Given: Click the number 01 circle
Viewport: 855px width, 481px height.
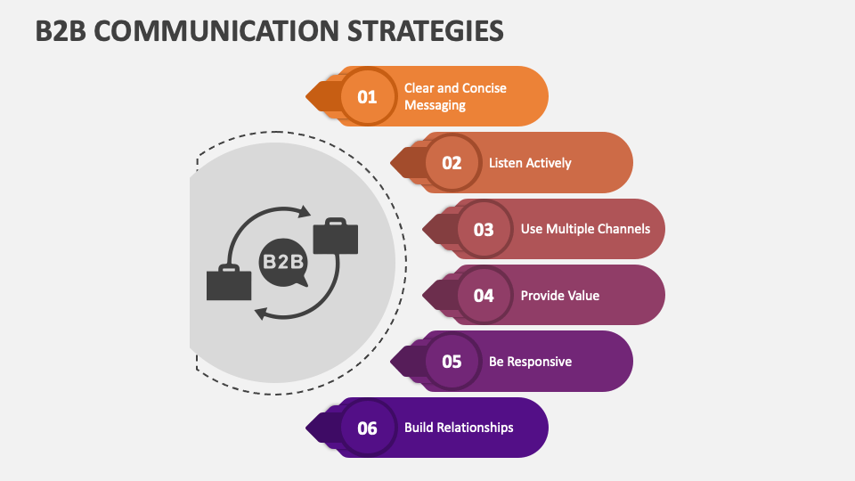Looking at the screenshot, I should pyautogui.click(x=368, y=96).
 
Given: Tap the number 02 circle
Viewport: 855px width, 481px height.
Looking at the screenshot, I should pyautogui.click(x=452, y=163).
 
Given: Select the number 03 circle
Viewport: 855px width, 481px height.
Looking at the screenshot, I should pyautogui.click(x=484, y=229).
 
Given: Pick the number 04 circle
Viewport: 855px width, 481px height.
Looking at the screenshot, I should pyautogui.click(x=484, y=295).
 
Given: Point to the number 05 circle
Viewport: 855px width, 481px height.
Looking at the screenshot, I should pyautogui.click(x=452, y=362).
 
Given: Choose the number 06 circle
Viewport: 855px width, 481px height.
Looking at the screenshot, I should pyautogui.click(x=368, y=428).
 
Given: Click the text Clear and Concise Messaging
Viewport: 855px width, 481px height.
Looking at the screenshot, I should pyautogui.click(x=454, y=96).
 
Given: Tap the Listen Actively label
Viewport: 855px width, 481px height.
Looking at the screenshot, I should pyautogui.click(x=530, y=163).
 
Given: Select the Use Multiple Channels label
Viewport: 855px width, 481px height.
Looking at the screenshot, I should pyautogui.click(x=585, y=229).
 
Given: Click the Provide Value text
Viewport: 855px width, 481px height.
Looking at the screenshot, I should pyautogui.click(x=559, y=295).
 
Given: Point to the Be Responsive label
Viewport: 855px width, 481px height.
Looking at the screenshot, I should pyautogui.click(x=530, y=362).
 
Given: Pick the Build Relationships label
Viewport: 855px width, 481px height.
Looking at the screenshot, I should pyautogui.click(x=459, y=428).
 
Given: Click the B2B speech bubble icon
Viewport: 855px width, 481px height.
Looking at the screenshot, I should pyautogui.click(x=282, y=263).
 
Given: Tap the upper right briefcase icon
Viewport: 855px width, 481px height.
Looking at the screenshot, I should pyautogui.click(x=335, y=235).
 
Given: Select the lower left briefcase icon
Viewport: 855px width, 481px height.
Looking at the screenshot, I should pyautogui.click(x=229, y=282).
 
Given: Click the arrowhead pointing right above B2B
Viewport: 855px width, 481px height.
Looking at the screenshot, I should pyautogui.click(x=304, y=212).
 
